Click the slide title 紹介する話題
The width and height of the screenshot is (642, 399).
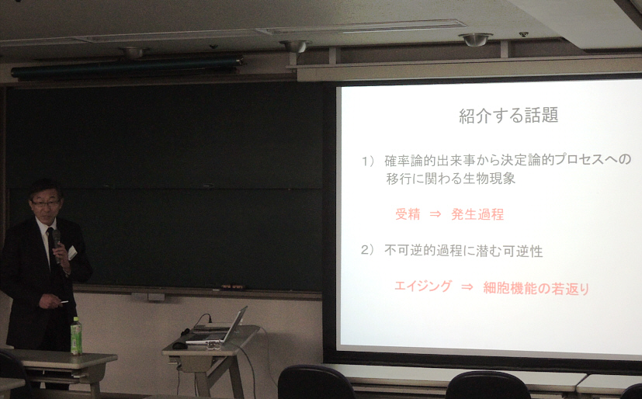[x=508, y=115]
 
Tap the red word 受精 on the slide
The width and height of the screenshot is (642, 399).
[x=408, y=214]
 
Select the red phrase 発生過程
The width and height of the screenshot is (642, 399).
[x=477, y=214]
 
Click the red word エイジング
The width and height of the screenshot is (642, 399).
[x=423, y=286]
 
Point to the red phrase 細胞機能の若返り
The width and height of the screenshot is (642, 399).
[x=536, y=288]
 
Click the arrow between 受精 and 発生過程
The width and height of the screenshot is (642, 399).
[x=436, y=214]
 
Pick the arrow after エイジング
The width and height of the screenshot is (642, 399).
[x=467, y=287]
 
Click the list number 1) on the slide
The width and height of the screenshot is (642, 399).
[x=368, y=161]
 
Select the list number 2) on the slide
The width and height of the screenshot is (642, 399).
[x=367, y=250]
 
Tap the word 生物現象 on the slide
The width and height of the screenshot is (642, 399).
[x=489, y=179]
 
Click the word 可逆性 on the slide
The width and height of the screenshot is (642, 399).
[x=523, y=252]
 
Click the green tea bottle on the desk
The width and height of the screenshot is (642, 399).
[x=76, y=335]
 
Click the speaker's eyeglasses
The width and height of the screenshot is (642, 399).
[x=46, y=203]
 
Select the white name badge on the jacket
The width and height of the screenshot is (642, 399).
[x=72, y=252]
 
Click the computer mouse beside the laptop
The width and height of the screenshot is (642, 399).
[x=180, y=345]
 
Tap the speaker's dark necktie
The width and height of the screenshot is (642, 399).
[x=51, y=245]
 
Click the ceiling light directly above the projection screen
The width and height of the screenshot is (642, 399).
[x=475, y=40]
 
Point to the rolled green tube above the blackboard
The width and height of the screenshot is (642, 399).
[x=127, y=66]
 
